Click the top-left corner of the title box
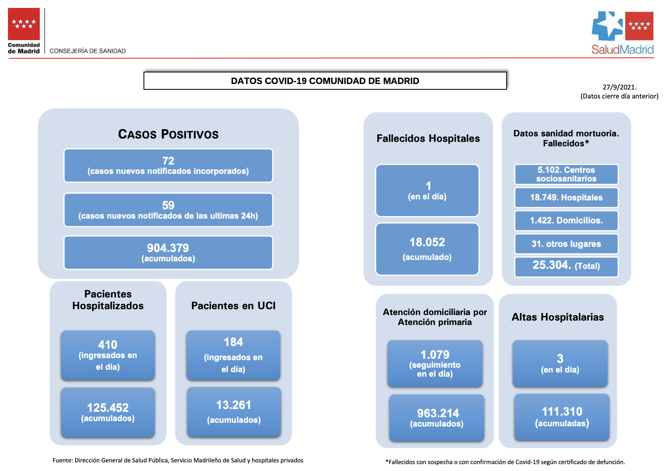[x=144, y=72]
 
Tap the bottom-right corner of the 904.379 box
[x=273, y=269]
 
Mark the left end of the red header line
[x=9, y=58]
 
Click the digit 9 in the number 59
[x=171, y=206]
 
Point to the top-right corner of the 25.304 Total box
[x=618, y=257]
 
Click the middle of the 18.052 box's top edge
[x=427, y=223]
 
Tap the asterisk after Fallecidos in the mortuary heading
[x=587, y=142]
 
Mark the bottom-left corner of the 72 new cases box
[x=64, y=182]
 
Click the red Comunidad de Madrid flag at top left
[x=24, y=24]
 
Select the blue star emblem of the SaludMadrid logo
[x=607, y=26]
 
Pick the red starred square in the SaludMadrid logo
[x=639, y=26]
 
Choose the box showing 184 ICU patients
[x=233, y=355]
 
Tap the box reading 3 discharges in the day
[x=560, y=363]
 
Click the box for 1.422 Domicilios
[x=566, y=221]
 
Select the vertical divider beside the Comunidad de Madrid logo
[x=45, y=31]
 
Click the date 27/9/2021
[x=620, y=87]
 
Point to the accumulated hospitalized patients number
[x=108, y=408]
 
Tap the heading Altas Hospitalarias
[x=557, y=317]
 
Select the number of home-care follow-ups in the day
[x=435, y=355]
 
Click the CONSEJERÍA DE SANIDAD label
[x=88, y=51]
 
